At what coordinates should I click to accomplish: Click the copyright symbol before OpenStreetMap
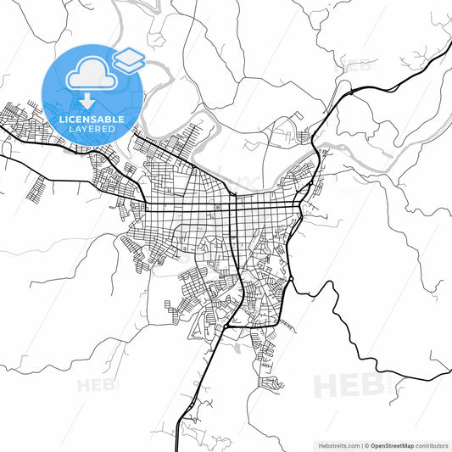point(367,445)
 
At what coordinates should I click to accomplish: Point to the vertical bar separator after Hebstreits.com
point(360,445)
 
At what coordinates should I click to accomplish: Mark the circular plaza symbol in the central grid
point(218,206)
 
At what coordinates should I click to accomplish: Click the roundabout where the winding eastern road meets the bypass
point(291,279)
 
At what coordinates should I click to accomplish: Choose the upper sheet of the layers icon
point(130,55)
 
